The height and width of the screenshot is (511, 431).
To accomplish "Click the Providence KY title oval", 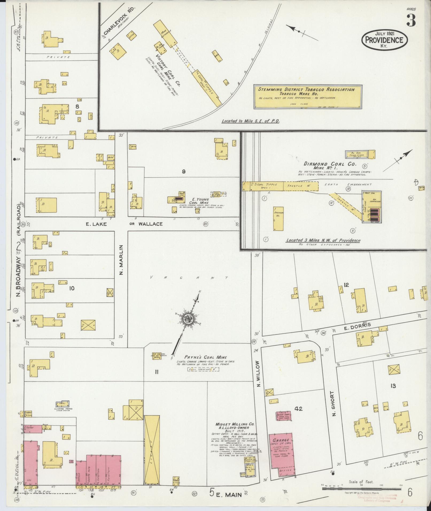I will (x=384, y=40).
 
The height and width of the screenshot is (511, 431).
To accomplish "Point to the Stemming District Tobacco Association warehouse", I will (x=308, y=97).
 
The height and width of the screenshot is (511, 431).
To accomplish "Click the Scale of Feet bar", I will (x=361, y=489).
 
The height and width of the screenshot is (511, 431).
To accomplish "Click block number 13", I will (x=393, y=385).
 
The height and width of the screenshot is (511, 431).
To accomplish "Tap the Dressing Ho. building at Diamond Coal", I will (x=278, y=218).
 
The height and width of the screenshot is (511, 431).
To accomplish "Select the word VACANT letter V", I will (x=152, y=277).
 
